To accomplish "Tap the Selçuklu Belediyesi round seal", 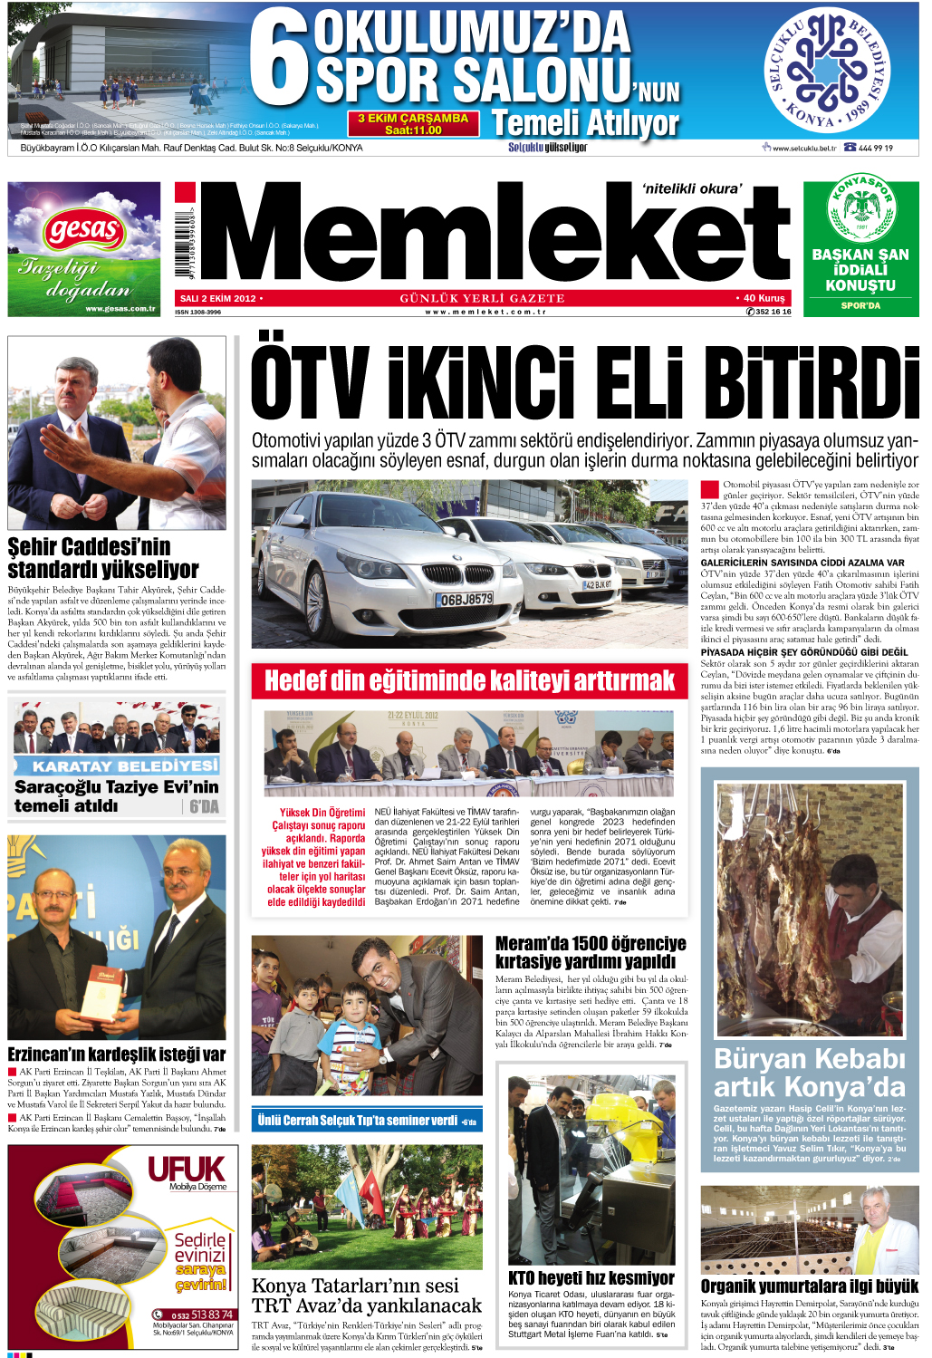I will pos(827,70).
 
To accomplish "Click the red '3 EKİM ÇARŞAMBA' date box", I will pos(413,124).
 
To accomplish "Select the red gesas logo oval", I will pos(84,230).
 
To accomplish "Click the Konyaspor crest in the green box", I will pos(860,209).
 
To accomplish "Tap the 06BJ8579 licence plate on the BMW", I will pos(466,599).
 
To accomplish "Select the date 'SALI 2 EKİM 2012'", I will pos(218,298).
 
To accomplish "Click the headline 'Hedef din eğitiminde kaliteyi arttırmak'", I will pos(469,681).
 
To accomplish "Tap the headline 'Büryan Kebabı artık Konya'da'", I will pos(809,1073).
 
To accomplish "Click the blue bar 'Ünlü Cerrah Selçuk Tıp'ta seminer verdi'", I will pos(366,1121).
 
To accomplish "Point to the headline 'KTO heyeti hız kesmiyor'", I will pos(591,1277).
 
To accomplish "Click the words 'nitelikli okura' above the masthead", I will pos(691,188).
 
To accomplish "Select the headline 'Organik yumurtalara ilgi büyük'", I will pos(809,1286).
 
